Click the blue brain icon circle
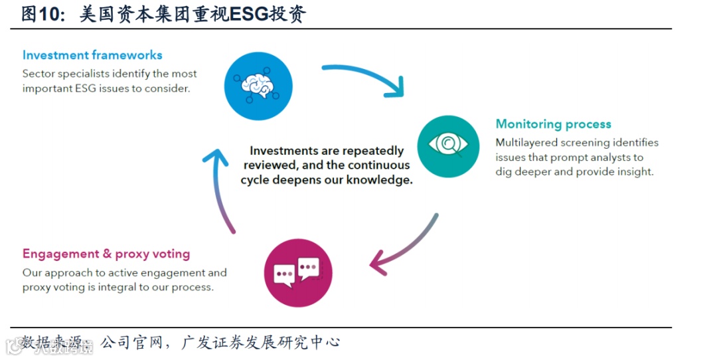(259, 86)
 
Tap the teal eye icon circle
(448, 146)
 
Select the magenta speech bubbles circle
(298, 273)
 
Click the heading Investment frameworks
(92, 55)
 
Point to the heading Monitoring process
(553, 124)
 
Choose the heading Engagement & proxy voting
(106, 254)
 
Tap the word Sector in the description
(39, 74)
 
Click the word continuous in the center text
(378, 165)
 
